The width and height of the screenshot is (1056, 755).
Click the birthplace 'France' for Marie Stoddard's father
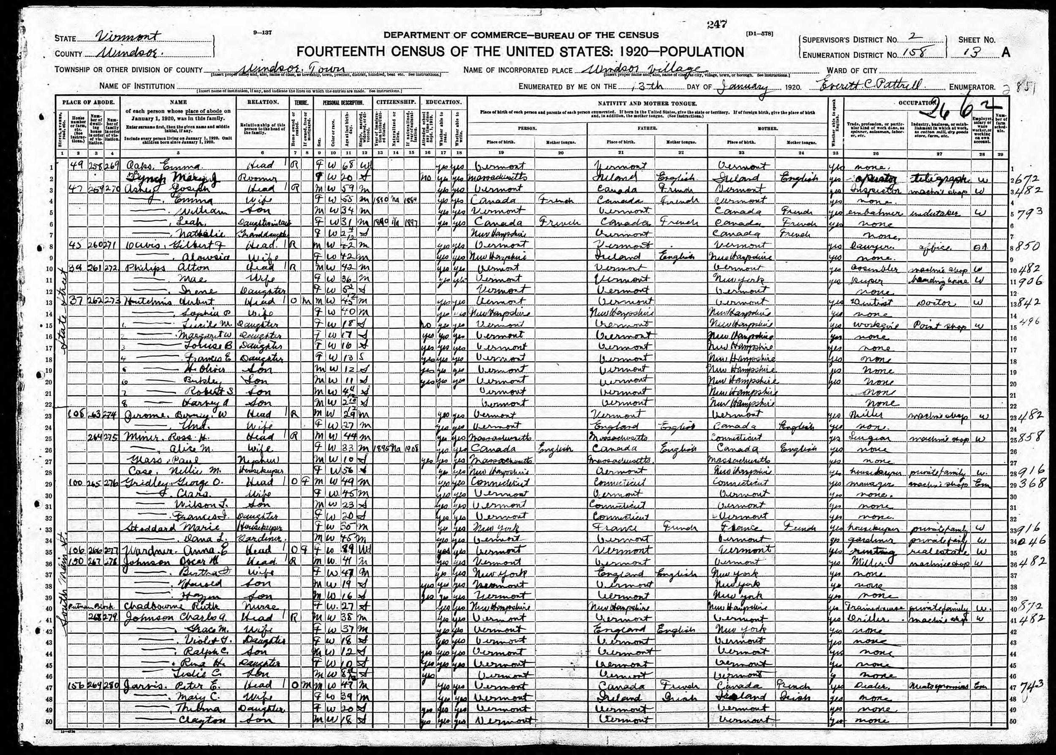[x=616, y=528]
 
